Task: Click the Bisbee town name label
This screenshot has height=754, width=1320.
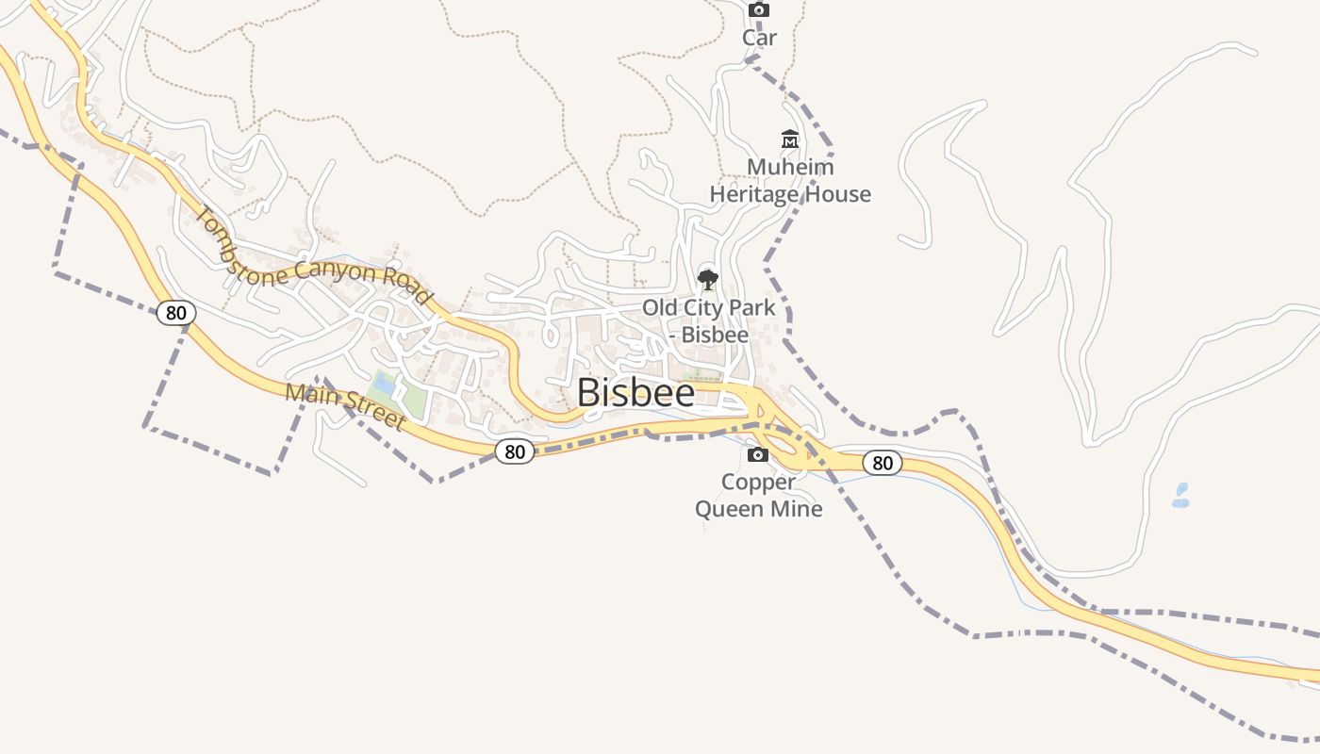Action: (x=635, y=393)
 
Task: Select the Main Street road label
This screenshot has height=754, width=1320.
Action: (x=345, y=405)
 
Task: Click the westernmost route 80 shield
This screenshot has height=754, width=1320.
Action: (x=176, y=312)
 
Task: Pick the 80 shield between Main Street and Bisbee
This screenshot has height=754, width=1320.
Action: (x=515, y=451)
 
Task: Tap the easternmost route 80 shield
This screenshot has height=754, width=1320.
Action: (x=883, y=463)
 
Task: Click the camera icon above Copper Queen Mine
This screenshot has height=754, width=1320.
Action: (x=757, y=455)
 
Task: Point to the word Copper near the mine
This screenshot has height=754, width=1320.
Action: (x=758, y=482)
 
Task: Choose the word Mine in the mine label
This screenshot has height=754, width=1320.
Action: (x=797, y=509)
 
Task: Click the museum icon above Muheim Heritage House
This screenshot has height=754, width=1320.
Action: (x=790, y=139)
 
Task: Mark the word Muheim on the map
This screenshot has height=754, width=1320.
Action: (x=790, y=167)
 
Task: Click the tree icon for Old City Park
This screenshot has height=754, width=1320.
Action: (x=707, y=279)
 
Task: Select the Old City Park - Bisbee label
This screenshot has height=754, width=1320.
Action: (x=709, y=320)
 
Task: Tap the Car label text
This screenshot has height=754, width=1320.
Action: (x=759, y=38)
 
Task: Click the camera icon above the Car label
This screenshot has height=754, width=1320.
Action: (x=759, y=10)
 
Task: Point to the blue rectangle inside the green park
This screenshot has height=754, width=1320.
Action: (x=383, y=385)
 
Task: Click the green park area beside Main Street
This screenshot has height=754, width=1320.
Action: (x=413, y=400)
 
